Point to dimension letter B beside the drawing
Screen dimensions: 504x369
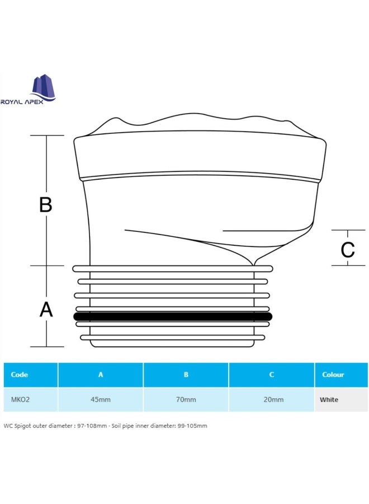pyautogui.click(x=46, y=204)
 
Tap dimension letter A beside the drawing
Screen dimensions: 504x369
pyautogui.click(x=46, y=309)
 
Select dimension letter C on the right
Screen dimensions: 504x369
pyautogui.click(x=348, y=250)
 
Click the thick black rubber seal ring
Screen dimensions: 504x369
pyautogui.click(x=173, y=316)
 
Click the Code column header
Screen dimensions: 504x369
pyautogui.click(x=20, y=375)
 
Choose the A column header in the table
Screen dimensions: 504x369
pyautogui.click(x=101, y=375)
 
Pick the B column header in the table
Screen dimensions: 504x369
pyautogui.click(x=186, y=375)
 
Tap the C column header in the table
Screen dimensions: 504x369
pyautogui.click(x=272, y=375)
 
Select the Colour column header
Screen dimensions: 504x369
pyautogui.click(x=333, y=375)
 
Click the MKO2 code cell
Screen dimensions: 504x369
pyautogui.click(x=20, y=400)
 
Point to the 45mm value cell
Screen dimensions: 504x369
pyautogui.click(x=101, y=400)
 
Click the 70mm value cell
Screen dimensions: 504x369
pyautogui.click(x=186, y=400)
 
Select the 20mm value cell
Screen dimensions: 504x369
pyautogui.click(x=272, y=400)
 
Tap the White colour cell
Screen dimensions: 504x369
pyautogui.click(x=329, y=400)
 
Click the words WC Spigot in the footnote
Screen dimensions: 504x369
pyautogui.click(x=17, y=426)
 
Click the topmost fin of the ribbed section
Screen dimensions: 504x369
pyautogui.click(x=173, y=269)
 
